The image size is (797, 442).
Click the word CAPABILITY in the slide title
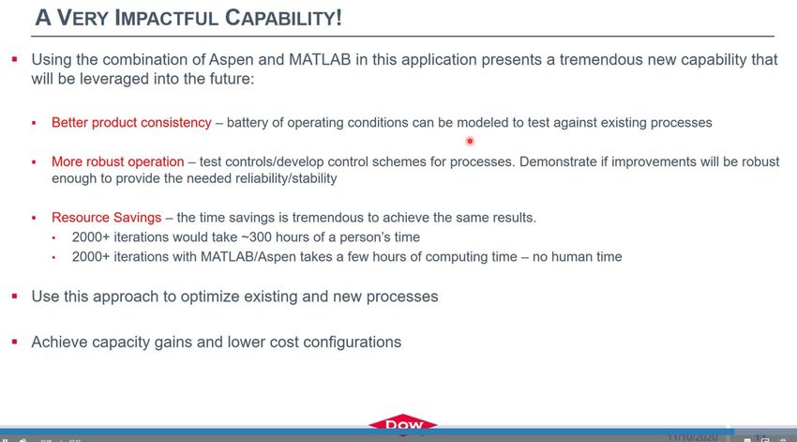pos(283,18)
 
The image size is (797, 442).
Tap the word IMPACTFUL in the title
pos(167,18)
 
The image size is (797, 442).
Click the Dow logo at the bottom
pos(402,423)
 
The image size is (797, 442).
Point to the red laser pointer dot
pos(470,141)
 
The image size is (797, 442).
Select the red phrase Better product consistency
pos(131,123)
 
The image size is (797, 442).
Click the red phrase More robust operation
pos(117,161)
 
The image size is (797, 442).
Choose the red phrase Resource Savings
pos(106,218)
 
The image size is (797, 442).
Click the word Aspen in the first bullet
pos(232,60)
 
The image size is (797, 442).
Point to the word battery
pos(247,123)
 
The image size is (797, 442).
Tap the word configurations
pos(352,343)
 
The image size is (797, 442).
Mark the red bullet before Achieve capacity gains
pos(15,342)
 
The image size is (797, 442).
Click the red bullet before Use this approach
pos(15,296)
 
